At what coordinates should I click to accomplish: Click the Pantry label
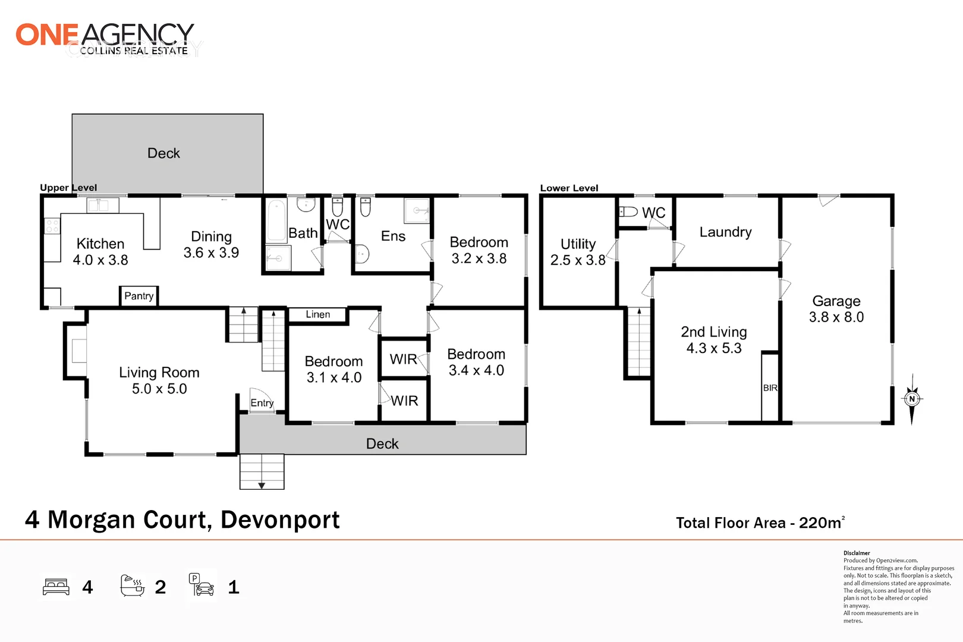(139, 296)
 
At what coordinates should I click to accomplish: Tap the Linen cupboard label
(318, 314)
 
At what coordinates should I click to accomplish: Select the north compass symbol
(912, 399)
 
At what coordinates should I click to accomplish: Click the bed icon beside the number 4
(56, 587)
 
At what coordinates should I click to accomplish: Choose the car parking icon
(202, 586)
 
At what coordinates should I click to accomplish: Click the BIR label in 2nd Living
(770, 388)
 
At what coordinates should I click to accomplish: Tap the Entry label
(262, 403)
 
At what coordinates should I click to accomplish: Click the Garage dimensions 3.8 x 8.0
(836, 317)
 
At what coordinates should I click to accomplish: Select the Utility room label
(578, 244)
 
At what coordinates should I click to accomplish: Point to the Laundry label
(725, 232)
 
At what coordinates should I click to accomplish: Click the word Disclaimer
(857, 553)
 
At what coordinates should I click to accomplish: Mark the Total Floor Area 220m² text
(760, 523)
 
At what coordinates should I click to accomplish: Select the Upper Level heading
(68, 188)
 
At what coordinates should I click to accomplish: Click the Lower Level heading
(569, 188)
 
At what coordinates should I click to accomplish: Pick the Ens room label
(393, 236)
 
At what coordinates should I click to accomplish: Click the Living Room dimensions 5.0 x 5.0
(159, 389)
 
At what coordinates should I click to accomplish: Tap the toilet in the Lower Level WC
(628, 212)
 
